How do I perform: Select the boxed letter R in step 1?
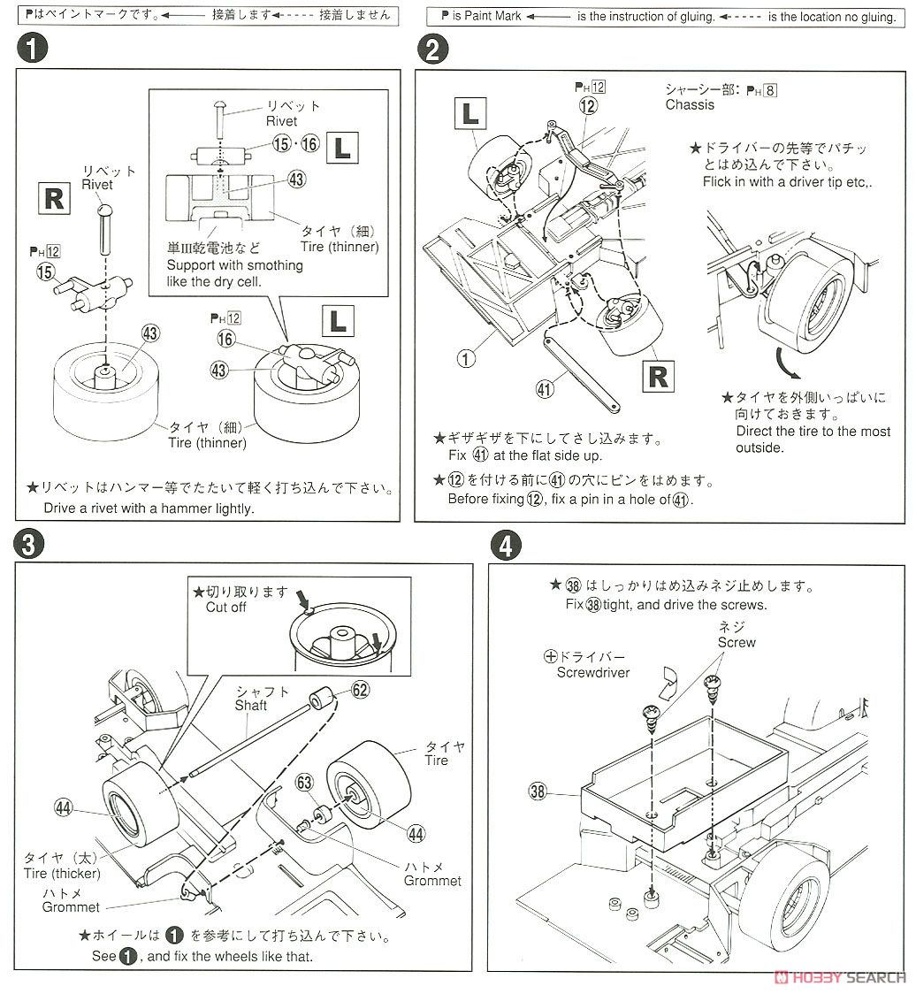tap(54, 199)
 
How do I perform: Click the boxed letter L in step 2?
tap(470, 115)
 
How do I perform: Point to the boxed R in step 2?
tap(658, 376)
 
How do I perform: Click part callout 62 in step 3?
tap(359, 691)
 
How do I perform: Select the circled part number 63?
tap(304, 783)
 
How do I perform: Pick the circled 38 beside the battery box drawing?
tap(538, 791)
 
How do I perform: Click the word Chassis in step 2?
tap(690, 105)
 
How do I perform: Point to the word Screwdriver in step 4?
tap(593, 672)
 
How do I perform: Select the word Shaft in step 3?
tap(251, 705)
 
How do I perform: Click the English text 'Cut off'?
tap(226, 607)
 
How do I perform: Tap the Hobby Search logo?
tap(839, 976)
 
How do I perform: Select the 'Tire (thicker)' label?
tap(62, 874)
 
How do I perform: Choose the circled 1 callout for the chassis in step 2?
tap(467, 359)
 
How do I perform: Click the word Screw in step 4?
tap(737, 643)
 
